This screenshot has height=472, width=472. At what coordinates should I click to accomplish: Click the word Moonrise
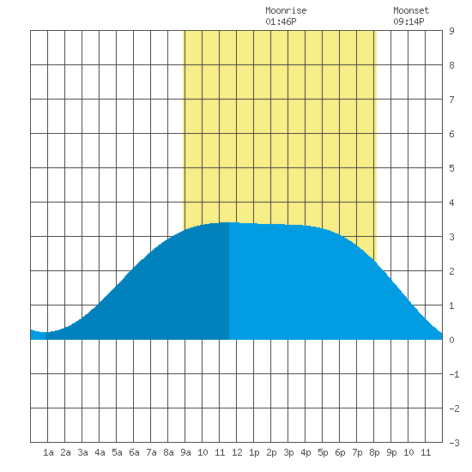[286, 10]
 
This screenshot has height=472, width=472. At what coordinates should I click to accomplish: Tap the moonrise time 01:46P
[281, 21]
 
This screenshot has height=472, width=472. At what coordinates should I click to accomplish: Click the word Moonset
[411, 10]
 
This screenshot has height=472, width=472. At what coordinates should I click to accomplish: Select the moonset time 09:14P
[408, 21]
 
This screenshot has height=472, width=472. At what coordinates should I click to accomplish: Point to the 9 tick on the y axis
[451, 31]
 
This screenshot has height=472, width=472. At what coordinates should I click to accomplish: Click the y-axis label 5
[451, 168]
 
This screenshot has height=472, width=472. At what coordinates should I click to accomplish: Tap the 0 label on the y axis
[451, 340]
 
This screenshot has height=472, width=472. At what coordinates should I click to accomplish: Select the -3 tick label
[454, 443]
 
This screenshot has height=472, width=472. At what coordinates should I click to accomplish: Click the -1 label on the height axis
[454, 374]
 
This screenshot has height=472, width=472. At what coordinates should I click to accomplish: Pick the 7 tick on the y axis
[451, 100]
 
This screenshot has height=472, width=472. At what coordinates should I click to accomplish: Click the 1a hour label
[48, 452]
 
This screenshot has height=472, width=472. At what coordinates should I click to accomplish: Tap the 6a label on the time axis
[134, 452]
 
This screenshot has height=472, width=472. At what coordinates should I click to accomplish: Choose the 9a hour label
[185, 452]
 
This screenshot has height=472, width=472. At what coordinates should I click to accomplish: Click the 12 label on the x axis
[237, 452]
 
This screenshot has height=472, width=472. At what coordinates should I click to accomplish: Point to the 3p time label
[288, 452]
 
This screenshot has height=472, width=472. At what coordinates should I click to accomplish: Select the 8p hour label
[374, 452]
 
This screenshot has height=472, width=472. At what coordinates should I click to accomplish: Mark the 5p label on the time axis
[323, 452]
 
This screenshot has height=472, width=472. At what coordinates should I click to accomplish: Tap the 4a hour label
[100, 452]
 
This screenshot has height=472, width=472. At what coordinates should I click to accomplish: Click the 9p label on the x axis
[391, 452]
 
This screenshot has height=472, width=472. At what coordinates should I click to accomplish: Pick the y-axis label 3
[451, 237]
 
